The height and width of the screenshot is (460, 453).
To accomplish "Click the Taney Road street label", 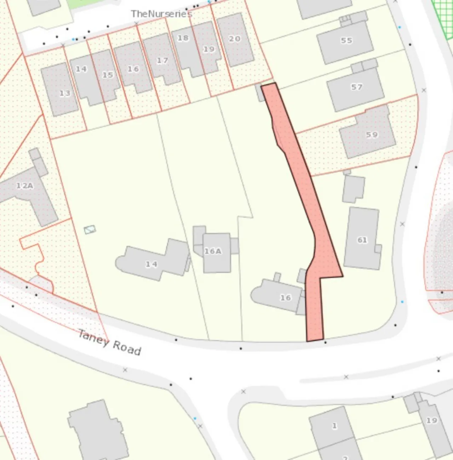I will coord(109,342).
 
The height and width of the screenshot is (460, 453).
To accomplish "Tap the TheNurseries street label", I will coord(161,14).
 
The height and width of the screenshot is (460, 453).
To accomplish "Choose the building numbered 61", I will coord(362,239).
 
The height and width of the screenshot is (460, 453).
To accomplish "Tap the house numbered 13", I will coord(60,90).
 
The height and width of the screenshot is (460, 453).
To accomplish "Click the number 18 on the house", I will coord(183,38).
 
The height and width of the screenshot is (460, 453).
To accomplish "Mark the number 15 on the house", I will coord(108,75).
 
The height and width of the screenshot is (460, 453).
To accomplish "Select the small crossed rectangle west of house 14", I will coord(90,229).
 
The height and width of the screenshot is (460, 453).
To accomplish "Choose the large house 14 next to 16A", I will coord(152,262).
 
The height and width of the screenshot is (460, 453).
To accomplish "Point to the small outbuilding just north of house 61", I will coord(353,188).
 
